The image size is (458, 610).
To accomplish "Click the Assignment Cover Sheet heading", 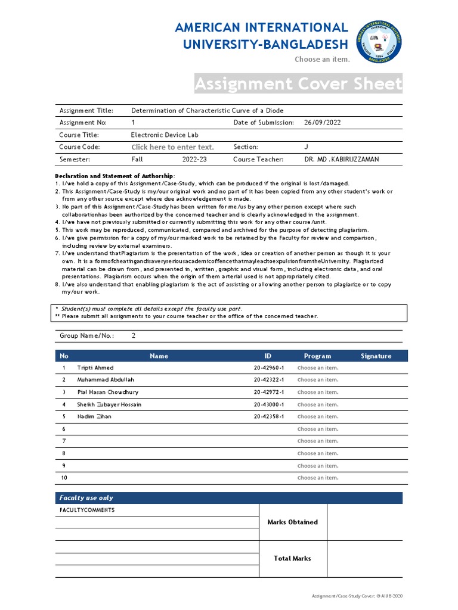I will pyautogui.click(x=298, y=84).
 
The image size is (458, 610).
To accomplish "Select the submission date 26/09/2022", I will pyautogui.click(x=322, y=123).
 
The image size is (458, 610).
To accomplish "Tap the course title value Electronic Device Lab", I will pyautogui.click(x=165, y=135).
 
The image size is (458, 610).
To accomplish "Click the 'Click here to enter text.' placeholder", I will pyautogui.click(x=172, y=147).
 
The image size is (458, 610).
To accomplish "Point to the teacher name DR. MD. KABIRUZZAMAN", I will pyautogui.click(x=341, y=160).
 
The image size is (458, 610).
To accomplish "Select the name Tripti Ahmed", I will pyautogui.click(x=95, y=368).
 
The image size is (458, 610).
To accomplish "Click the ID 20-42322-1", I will pyautogui.click(x=268, y=380).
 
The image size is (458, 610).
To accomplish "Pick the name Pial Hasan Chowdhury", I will pyautogui.click(x=108, y=393).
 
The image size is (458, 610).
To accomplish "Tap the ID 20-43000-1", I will pyautogui.click(x=268, y=404).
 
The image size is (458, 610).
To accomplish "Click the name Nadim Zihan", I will pyautogui.click(x=94, y=416).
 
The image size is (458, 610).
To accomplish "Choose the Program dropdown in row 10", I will pyautogui.click(x=317, y=478).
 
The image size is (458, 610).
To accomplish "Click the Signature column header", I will pyautogui.click(x=376, y=356).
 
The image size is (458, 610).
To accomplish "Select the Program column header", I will pyautogui.click(x=317, y=356).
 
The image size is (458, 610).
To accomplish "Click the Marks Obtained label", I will pyautogui.click(x=292, y=522).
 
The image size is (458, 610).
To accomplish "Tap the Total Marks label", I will pyautogui.click(x=292, y=559).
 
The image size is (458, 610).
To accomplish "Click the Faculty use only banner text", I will pyautogui.click(x=86, y=498).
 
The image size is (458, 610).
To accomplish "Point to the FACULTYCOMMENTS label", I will pyautogui.click(x=87, y=511).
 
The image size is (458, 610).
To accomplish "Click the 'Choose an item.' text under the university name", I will pyautogui.click(x=322, y=60).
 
